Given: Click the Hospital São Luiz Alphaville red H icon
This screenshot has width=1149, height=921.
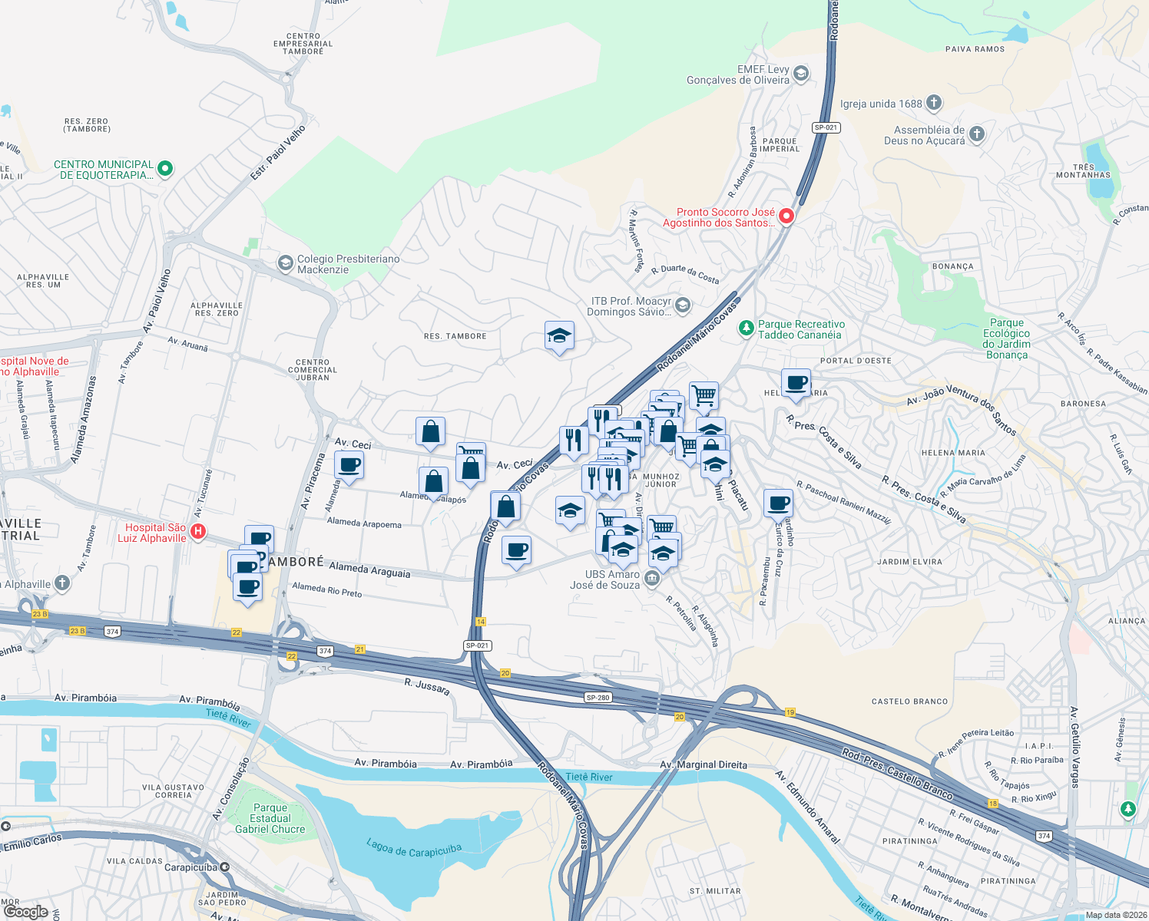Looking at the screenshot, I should point(197,531).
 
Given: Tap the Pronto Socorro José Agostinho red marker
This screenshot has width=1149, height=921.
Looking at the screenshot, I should point(786,216).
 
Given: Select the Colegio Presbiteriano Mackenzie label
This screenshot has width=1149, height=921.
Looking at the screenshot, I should point(348,264).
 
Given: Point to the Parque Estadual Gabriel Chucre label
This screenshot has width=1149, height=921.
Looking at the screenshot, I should point(270,819).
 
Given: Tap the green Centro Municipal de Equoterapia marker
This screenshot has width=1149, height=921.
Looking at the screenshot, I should point(165,168).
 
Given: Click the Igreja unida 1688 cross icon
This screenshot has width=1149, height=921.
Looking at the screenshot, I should point(933,103).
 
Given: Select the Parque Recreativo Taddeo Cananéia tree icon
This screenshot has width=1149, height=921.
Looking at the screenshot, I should point(745,328).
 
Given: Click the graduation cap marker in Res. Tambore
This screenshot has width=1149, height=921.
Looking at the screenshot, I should point(559,335).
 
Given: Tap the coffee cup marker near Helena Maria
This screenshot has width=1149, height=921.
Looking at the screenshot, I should point(796,382).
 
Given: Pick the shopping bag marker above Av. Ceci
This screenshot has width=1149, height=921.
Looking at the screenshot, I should point(430,432).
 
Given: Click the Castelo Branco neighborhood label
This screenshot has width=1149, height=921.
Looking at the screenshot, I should point(909,701).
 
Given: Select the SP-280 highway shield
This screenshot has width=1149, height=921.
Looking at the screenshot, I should point(598,698).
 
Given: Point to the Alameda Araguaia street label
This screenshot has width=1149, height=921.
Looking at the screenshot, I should point(369,569).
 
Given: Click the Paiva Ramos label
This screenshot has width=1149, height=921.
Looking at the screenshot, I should point(975,49).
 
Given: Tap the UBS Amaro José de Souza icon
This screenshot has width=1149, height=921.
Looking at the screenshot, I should point(652,578).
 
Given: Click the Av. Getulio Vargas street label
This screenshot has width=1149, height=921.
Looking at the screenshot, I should point(1074,748).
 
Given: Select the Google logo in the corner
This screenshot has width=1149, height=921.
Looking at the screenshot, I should point(26,912).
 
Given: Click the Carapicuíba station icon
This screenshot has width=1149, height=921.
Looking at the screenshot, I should point(224,867).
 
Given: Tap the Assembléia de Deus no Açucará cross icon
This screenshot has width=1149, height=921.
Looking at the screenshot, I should point(976,134).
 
